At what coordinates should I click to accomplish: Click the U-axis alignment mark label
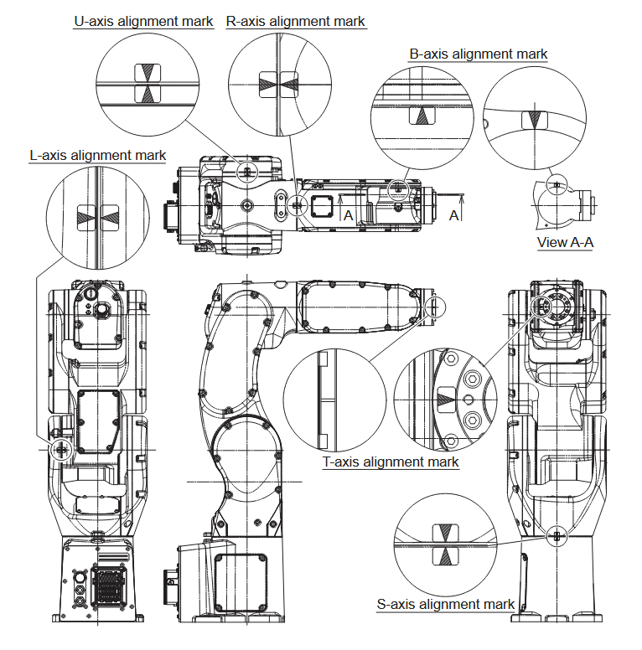[x=143, y=21]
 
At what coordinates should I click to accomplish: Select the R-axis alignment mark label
[x=296, y=21]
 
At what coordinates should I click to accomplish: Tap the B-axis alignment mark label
[x=478, y=54]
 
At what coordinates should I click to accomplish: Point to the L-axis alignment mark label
[x=97, y=155]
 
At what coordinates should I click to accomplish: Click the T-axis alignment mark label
[x=391, y=462]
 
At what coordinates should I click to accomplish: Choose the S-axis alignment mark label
[x=445, y=604]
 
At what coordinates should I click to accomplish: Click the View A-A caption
[x=565, y=243]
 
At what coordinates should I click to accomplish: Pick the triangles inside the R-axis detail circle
[x=278, y=83]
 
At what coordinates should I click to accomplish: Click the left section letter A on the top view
[x=348, y=215]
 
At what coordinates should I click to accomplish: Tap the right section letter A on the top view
[x=453, y=215]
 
